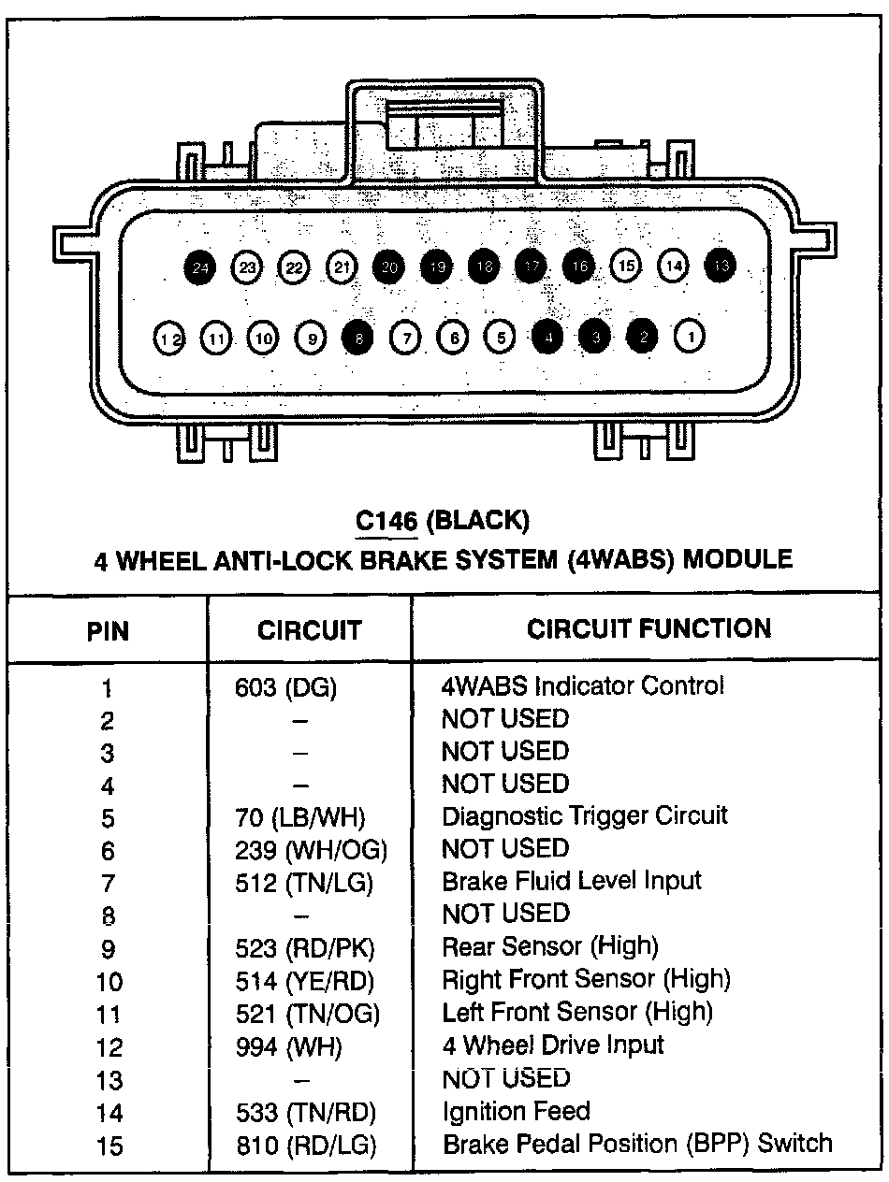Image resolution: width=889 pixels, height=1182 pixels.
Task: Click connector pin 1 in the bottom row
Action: tap(689, 336)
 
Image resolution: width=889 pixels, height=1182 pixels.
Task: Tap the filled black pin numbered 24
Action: tap(199, 267)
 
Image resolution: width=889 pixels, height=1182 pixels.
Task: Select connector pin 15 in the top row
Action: tap(626, 267)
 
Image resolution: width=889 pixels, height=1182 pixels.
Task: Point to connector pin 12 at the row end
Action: tap(169, 338)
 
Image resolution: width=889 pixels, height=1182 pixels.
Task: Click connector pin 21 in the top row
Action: tap(342, 267)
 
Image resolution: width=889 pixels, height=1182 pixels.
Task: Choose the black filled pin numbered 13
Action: tap(721, 266)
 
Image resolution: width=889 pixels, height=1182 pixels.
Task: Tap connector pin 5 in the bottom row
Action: tap(501, 338)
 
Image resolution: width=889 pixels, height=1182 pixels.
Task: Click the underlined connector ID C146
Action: tap(386, 520)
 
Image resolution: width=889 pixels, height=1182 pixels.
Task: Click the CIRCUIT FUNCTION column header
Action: tap(649, 628)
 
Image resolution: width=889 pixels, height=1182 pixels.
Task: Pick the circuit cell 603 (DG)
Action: tap(285, 687)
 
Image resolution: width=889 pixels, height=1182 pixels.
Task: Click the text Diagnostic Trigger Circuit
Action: tap(584, 815)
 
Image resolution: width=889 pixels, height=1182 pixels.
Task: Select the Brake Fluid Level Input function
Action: tap(571, 881)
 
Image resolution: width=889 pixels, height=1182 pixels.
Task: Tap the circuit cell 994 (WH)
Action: tap(288, 1046)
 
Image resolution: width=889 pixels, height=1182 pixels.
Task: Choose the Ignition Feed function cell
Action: tap(516, 1111)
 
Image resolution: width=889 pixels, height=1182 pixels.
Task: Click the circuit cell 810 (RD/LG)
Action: tap(305, 1145)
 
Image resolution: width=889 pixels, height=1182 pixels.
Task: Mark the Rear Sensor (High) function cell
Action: tap(549, 946)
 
